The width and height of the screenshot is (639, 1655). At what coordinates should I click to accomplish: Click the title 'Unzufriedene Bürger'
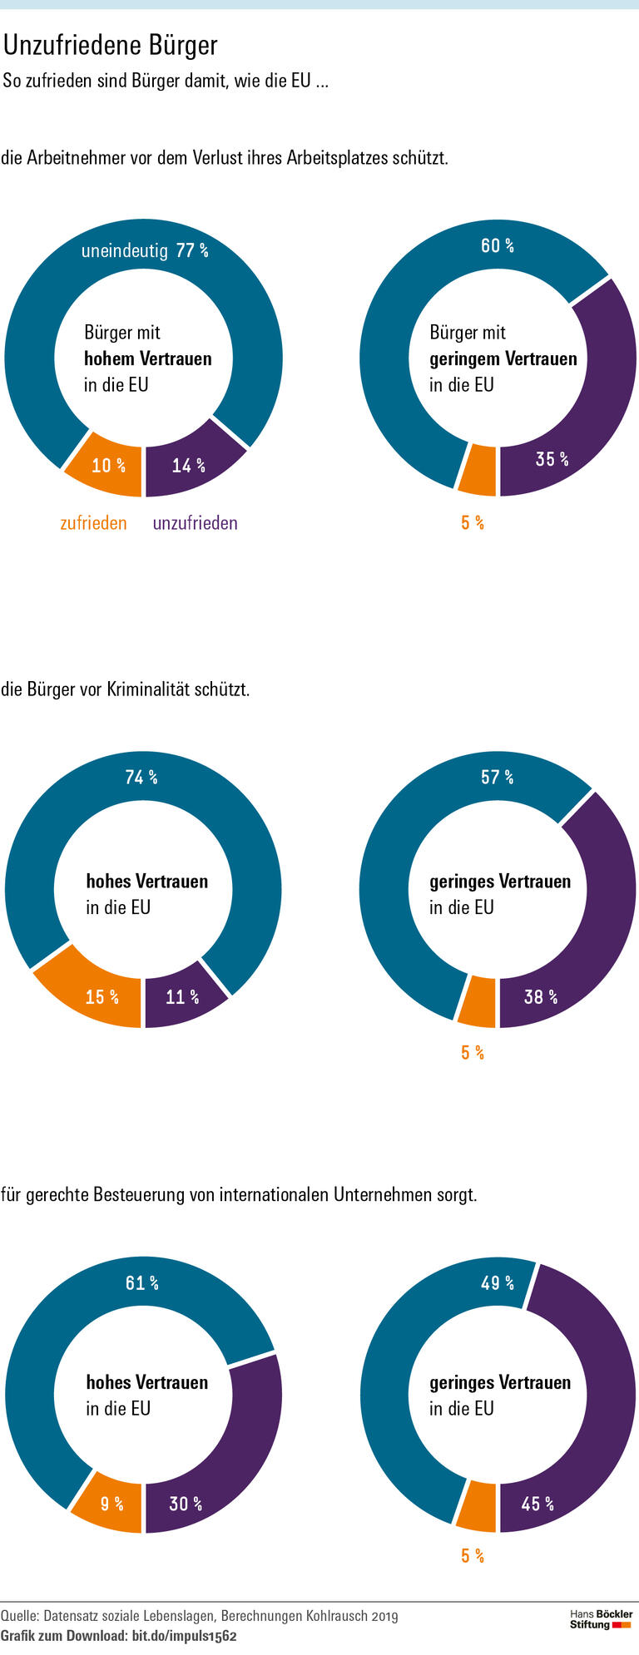pyautogui.click(x=111, y=45)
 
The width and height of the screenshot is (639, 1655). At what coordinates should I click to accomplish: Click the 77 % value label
pyautogui.click(x=191, y=250)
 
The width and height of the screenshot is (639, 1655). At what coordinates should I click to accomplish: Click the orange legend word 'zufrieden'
pyautogui.click(x=93, y=523)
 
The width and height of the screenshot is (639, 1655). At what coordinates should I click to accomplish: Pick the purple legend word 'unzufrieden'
pyautogui.click(x=195, y=523)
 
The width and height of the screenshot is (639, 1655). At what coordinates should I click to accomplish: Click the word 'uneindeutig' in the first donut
pyautogui.click(x=125, y=250)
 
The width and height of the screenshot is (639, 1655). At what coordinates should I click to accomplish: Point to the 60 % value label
pyautogui.click(x=498, y=245)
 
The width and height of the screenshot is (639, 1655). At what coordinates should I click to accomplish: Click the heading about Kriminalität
pyautogui.click(x=126, y=689)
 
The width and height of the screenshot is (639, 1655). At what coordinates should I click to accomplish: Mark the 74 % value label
pyautogui.click(x=141, y=777)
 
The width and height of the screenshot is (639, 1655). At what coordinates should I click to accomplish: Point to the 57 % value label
pyautogui.click(x=497, y=777)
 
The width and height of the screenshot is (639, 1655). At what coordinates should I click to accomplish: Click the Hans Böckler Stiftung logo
pyautogui.click(x=601, y=1618)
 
